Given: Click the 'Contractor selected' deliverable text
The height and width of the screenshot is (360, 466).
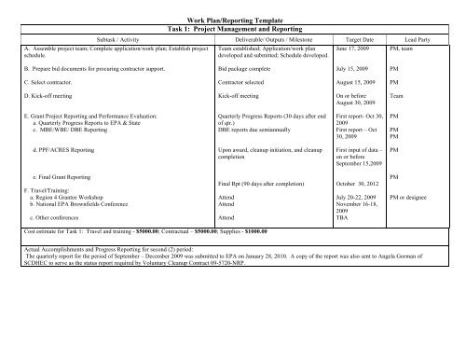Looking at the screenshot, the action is click(247, 83).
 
